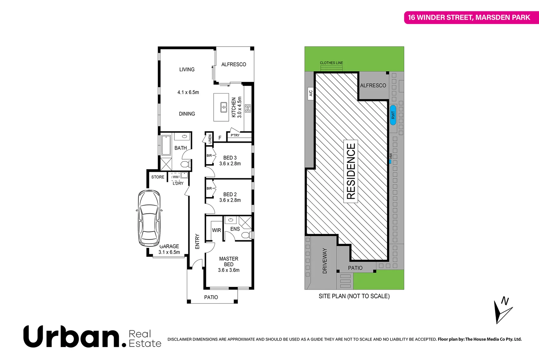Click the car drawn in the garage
click(x=149, y=218)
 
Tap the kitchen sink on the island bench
click(x=224, y=108)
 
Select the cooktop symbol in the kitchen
click(x=248, y=108)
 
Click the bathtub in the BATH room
click(x=166, y=145)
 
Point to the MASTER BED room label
click(x=229, y=262)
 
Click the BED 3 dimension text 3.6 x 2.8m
click(x=230, y=164)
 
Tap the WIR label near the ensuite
click(x=216, y=230)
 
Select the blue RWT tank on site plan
click(x=393, y=115)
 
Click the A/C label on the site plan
click(x=311, y=93)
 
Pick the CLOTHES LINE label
click(x=331, y=63)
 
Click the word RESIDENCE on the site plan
click(x=351, y=171)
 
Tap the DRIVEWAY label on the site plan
click(x=325, y=261)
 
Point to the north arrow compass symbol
click(x=502, y=310)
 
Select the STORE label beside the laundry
click(x=158, y=177)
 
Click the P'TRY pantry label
click(x=235, y=135)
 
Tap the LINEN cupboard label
click(x=210, y=139)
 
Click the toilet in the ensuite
click(x=246, y=235)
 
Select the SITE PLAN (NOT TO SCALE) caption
click(x=354, y=296)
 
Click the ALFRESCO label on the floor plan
click(x=234, y=64)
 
